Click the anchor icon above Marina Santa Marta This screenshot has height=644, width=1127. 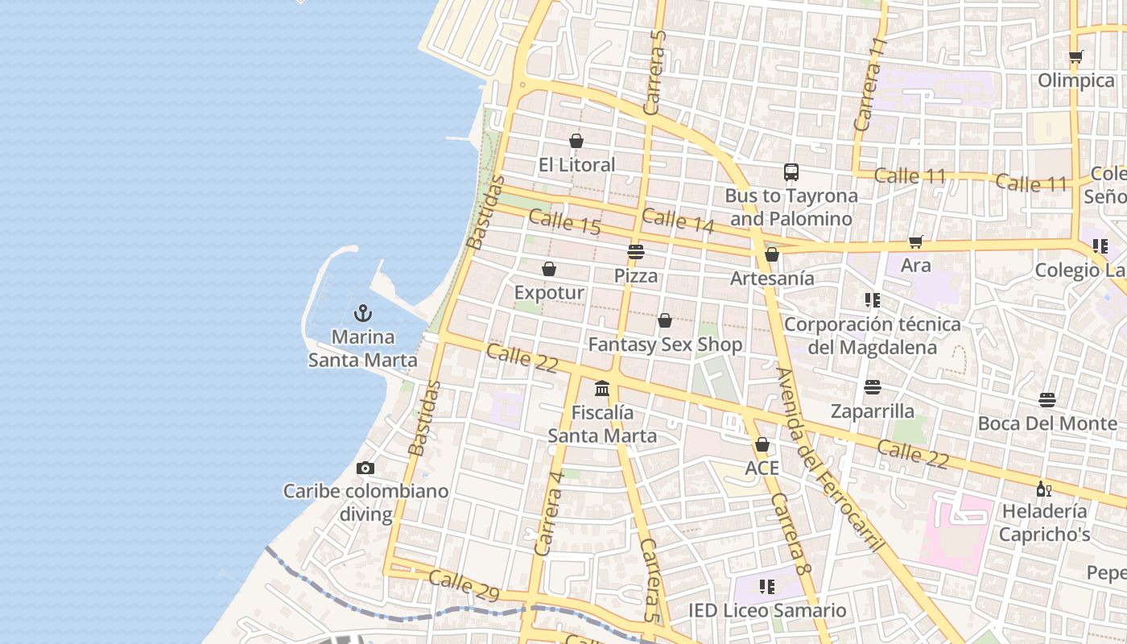point(363,312)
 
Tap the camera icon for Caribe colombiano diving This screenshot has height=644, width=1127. point(365,468)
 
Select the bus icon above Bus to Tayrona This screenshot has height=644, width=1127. point(791,171)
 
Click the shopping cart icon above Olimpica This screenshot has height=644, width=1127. point(1075,57)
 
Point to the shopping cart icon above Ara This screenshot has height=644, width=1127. point(915,242)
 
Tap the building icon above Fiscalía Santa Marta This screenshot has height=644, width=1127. point(602,389)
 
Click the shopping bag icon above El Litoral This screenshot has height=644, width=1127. point(576,141)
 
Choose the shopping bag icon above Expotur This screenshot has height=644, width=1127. point(549,268)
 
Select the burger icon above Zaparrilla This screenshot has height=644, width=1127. point(873,387)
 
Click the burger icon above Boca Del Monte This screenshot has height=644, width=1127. point(1047,399)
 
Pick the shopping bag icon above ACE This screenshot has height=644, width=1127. point(762,444)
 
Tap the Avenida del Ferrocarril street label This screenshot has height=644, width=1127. point(829,459)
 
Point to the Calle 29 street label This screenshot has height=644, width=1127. point(464,585)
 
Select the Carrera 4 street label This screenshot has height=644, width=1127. point(548,513)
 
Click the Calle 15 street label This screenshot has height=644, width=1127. point(565,222)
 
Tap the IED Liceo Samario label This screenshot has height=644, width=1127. point(767,610)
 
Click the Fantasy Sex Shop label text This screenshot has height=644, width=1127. point(665,345)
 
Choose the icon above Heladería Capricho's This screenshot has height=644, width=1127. point(1044,488)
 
